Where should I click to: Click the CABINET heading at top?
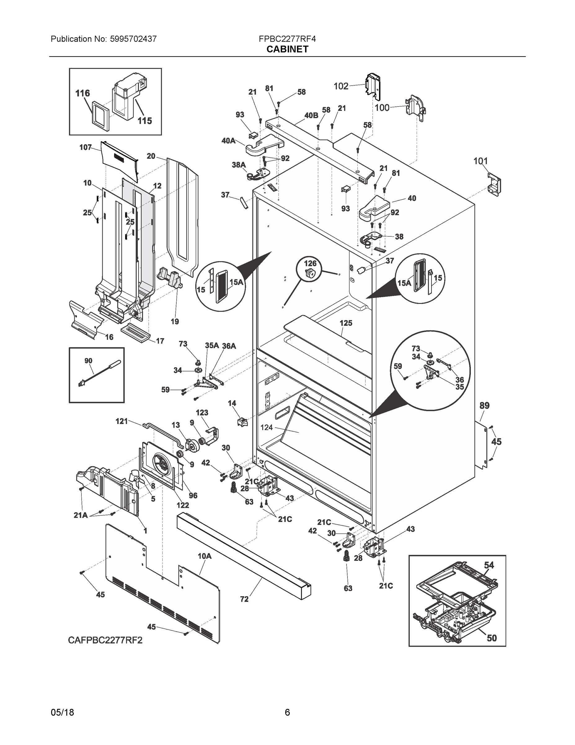pyautogui.click(x=287, y=49)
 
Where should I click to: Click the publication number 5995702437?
pyautogui.click(x=133, y=39)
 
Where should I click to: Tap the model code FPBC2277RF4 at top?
pyautogui.click(x=287, y=39)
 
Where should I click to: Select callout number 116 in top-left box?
pyautogui.click(x=82, y=93)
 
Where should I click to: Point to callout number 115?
pyautogui.click(x=144, y=121)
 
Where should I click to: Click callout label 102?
pyautogui.click(x=341, y=86)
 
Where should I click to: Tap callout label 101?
pyautogui.click(x=480, y=161)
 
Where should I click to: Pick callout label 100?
pyautogui.click(x=382, y=108)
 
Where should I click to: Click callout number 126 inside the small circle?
pyautogui.click(x=310, y=263)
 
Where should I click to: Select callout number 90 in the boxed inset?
pyautogui.click(x=88, y=361)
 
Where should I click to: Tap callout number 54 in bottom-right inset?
pyautogui.click(x=489, y=565)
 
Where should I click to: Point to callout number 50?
pyautogui.click(x=492, y=638)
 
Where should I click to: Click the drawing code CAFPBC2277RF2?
pyautogui.click(x=105, y=640)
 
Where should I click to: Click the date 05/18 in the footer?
pyautogui.click(x=62, y=712)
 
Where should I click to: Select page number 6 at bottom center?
pyautogui.click(x=287, y=712)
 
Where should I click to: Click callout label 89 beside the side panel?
pyautogui.click(x=484, y=406)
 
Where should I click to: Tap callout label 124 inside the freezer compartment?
pyautogui.click(x=266, y=427)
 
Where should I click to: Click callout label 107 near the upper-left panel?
pyautogui.click(x=86, y=147)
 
